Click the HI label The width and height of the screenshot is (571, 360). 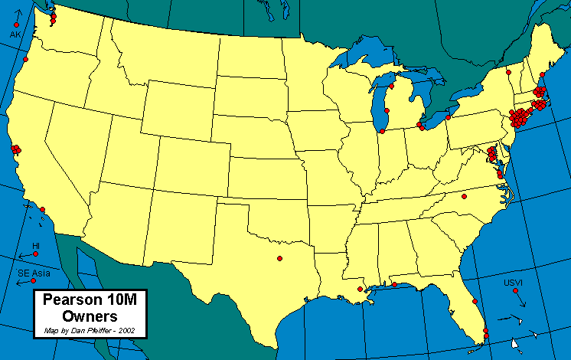(36, 246)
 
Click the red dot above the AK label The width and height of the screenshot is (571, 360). (16, 25)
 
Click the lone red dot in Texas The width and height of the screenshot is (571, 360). (279, 257)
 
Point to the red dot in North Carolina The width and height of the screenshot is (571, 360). (463, 196)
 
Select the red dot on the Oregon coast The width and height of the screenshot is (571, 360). (25, 59)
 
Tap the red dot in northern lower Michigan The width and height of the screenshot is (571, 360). (390, 87)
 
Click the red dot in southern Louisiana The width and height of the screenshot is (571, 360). (360, 289)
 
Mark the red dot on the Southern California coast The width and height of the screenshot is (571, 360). (43, 209)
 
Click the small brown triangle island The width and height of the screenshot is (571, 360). (516, 343)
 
